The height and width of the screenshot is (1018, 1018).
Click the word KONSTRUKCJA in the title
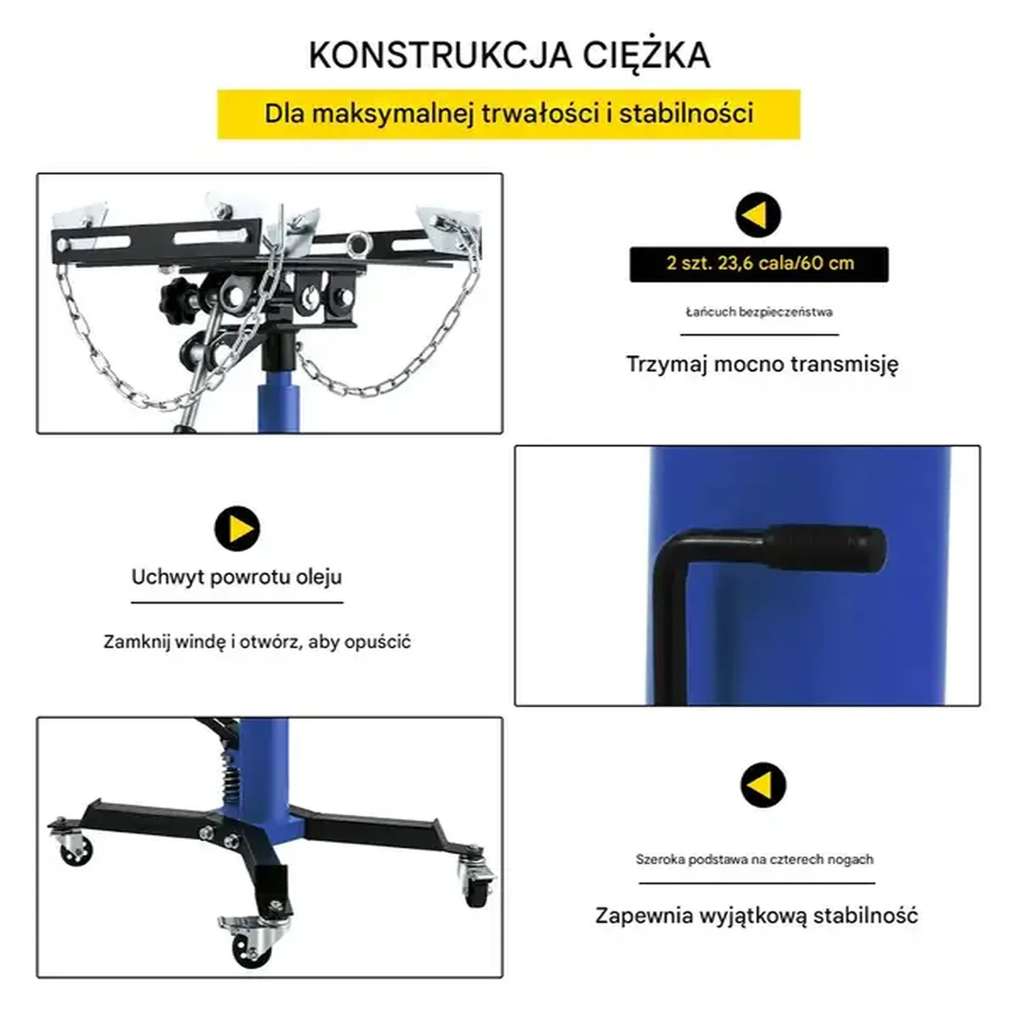(441, 55)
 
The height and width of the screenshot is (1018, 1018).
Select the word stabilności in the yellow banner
(686, 114)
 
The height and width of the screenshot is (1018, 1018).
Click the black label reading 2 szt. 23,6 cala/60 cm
(759, 263)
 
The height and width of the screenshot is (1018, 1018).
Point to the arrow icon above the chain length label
(758, 215)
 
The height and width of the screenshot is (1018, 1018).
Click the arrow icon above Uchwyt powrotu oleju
(237, 529)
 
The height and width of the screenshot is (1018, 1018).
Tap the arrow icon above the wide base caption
(763, 785)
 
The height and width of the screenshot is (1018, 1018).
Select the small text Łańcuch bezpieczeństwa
(759, 312)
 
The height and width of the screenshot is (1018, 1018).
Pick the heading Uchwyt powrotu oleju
(237, 577)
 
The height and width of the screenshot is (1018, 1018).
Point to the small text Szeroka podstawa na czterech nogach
(755, 860)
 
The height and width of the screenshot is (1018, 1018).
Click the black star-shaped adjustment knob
(178, 301)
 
